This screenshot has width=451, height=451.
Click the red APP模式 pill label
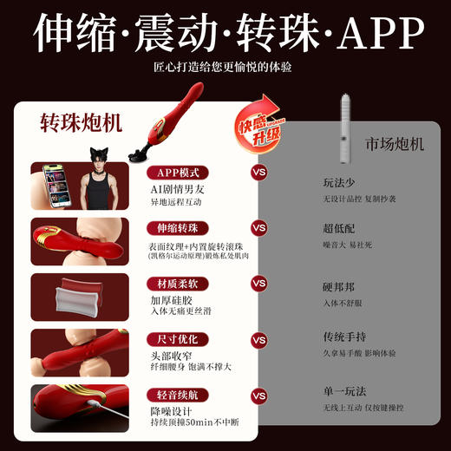(x=178, y=172)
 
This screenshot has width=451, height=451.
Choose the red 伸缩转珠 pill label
(x=178, y=228)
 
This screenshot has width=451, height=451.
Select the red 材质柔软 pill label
(x=178, y=284)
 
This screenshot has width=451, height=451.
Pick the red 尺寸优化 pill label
(x=178, y=339)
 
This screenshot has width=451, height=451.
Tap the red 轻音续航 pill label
(x=178, y=395)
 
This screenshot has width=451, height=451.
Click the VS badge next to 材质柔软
(x=258, y=284)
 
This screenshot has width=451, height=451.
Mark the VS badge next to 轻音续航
(x=258, y=395)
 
